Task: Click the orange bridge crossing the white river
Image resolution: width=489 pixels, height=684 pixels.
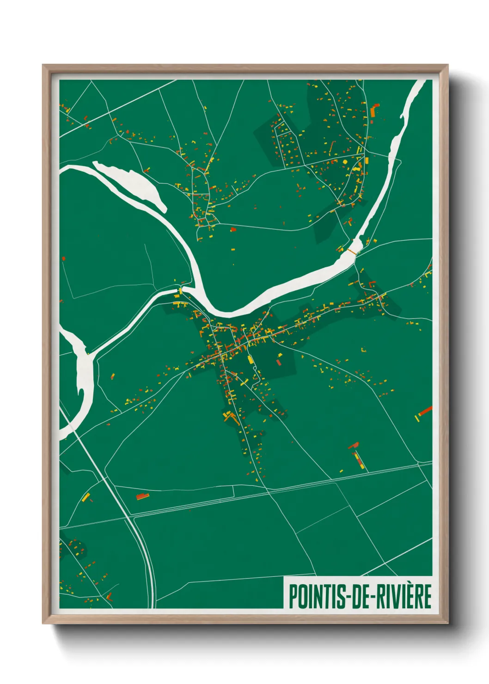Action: (352, 251)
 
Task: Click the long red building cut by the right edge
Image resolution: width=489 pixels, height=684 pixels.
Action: (425, 411)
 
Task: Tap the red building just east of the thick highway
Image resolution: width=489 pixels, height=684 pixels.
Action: (142, 497)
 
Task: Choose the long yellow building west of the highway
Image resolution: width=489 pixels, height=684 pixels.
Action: (86, 497)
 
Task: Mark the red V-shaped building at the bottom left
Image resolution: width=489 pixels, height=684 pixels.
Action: (109, 597)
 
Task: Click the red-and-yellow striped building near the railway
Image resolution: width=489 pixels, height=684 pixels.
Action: (358, 459)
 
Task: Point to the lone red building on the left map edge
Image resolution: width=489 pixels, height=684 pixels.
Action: (63, 259)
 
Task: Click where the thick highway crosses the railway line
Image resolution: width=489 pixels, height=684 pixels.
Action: (129, 516)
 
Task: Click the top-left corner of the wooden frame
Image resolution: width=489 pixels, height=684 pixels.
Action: (43, 66)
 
